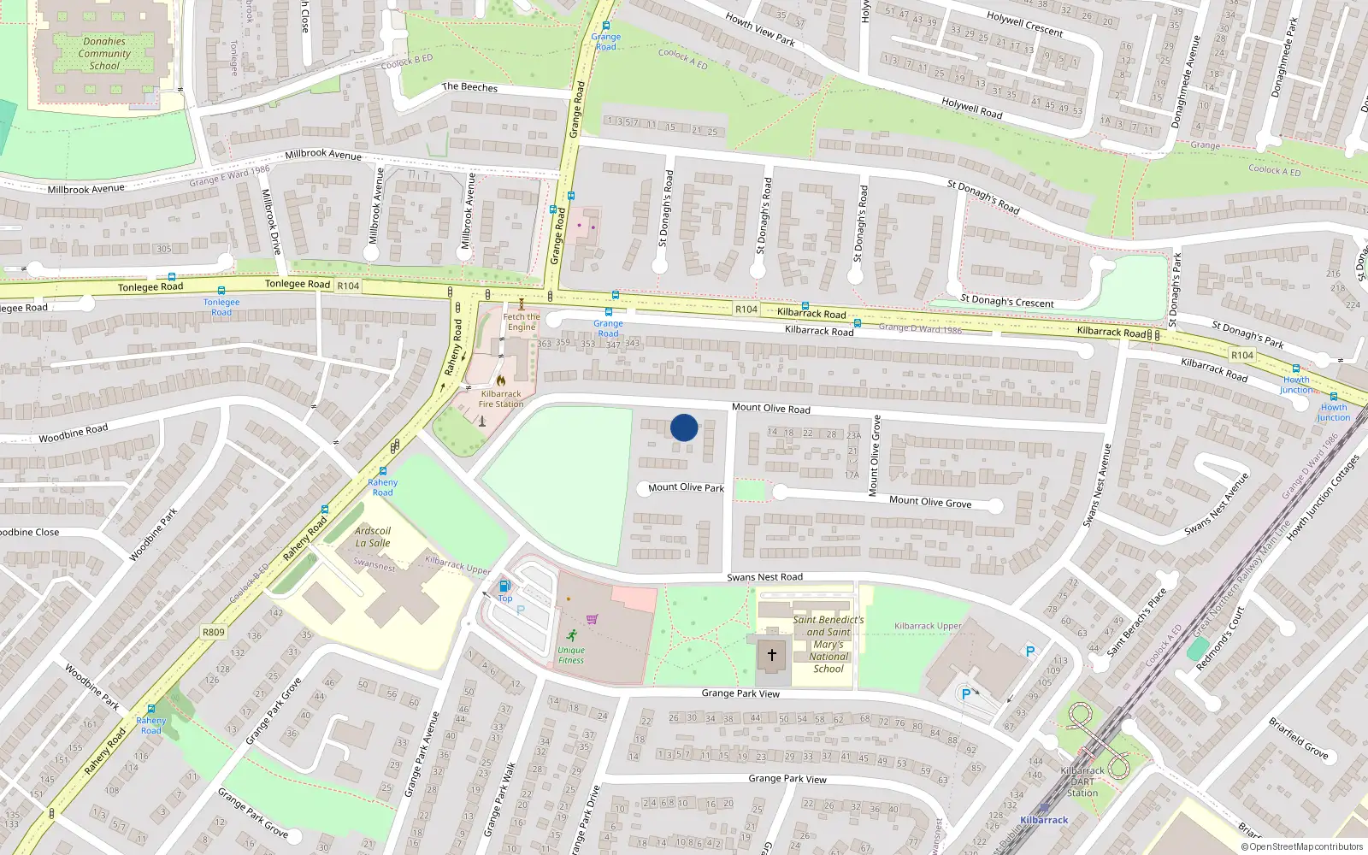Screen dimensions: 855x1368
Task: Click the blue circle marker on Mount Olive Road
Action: [684, 427]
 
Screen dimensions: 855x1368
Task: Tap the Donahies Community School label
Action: [104, 53]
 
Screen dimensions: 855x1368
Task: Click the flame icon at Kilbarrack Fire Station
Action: [501, 380]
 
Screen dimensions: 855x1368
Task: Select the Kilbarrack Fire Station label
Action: [501, 399]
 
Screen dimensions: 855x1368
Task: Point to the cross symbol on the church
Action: [771, 655]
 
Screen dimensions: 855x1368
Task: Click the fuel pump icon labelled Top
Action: [504, 586]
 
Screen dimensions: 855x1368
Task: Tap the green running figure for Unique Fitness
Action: [571, 635]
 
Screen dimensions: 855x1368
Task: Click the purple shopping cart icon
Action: [592, 619]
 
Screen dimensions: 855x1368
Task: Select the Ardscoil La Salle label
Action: [373, 537]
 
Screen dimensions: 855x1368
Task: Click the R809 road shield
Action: [214, 633]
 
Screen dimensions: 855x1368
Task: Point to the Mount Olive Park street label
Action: [686, 487]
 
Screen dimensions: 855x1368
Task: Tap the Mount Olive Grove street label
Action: [930, 502]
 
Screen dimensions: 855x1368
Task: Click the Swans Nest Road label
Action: [764, 577]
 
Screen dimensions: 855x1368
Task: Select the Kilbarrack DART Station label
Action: [1082, 781]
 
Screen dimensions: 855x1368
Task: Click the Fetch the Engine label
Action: [522, 321]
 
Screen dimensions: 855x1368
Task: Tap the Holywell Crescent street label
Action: [1024, 25]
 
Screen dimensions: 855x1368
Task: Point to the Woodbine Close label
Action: [31, 532]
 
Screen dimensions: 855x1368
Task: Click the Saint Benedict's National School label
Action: [828, 644]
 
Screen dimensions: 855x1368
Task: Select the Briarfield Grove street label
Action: [1298, 738]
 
